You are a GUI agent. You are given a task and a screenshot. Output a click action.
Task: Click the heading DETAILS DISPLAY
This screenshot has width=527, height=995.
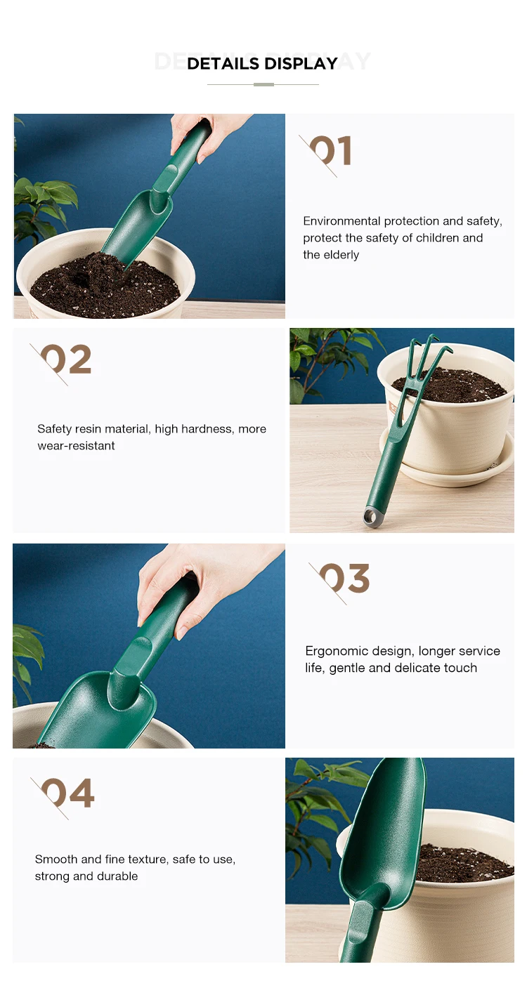pos(262,63)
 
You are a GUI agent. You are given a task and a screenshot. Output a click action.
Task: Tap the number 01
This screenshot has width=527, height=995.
pos(330,151)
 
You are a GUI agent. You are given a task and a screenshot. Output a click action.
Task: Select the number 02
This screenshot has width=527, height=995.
pos(66,359)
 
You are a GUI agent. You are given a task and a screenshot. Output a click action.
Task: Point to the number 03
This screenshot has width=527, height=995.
pos(344,578)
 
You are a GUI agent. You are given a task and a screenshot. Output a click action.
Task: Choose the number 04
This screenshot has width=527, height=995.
pos(67,793)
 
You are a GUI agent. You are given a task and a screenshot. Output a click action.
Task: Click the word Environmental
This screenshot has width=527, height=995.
pos(341,220)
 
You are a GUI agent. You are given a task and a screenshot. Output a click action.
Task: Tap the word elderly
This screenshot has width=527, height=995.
pos(341,255)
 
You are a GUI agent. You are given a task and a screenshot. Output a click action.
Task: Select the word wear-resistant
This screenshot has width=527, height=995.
pos(76,445)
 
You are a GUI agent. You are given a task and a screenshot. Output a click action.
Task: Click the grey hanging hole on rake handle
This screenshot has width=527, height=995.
pos(370,516)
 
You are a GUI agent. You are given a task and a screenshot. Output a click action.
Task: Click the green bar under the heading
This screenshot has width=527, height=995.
pos(263,84)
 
